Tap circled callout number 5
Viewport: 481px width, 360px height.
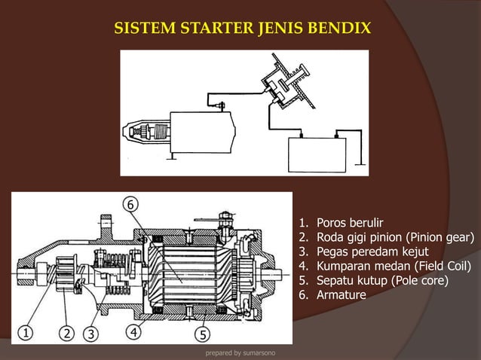click(x=203, y=332)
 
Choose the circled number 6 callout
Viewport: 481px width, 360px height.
click(x=131, y=205)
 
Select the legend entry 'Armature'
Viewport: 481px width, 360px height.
click(x=341, y=295)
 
